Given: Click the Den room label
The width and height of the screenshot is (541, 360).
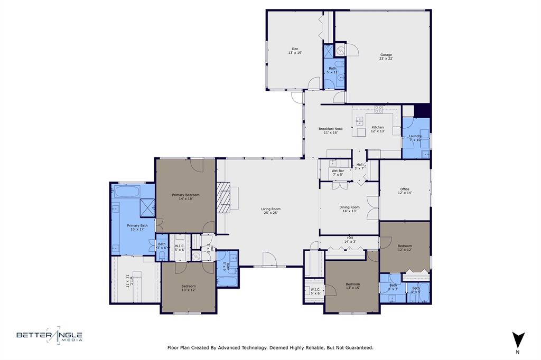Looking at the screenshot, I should (295, 51).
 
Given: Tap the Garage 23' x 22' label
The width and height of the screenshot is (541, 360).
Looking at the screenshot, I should (386, 56).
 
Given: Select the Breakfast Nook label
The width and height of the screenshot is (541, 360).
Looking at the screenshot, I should (330, 130).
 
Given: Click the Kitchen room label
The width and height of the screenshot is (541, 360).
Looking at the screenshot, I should (378, 129).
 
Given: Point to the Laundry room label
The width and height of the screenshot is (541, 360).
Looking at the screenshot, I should (415, 138).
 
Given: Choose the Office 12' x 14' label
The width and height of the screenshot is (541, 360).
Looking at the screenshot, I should (405, 191).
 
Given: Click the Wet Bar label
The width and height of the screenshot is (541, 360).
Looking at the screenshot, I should (338, 173).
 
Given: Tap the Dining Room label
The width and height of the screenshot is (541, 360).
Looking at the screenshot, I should (349, 209).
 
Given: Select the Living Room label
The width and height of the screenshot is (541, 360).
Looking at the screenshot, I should (270, 211).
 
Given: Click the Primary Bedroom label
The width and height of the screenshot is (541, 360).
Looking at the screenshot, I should (185, 197).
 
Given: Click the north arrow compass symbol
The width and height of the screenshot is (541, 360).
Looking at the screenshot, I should (518, 338).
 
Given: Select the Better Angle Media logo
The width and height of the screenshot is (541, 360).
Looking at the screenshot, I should (49, 335).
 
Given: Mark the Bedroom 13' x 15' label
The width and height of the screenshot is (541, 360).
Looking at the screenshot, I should (352, 286).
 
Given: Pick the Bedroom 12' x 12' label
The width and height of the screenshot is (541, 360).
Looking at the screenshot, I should (405, 248).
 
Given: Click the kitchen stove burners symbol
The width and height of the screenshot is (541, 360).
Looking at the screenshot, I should (379, 109).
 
